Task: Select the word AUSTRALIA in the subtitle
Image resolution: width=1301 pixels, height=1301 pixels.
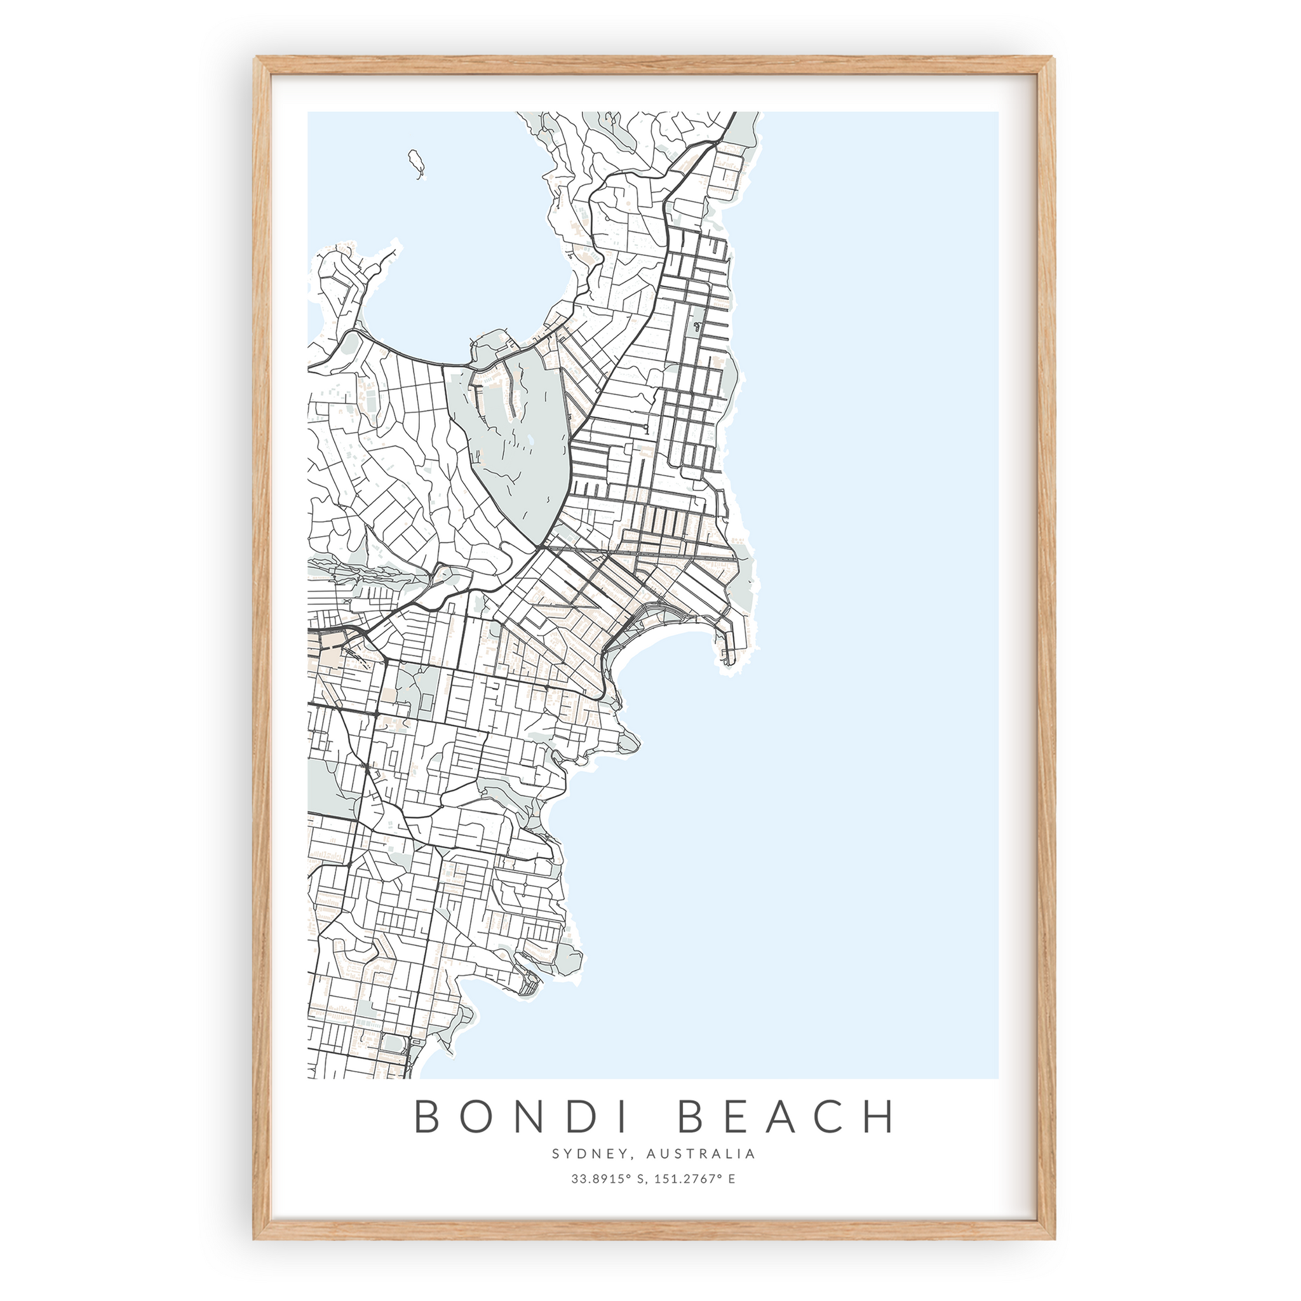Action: [x=700, y=1154]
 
